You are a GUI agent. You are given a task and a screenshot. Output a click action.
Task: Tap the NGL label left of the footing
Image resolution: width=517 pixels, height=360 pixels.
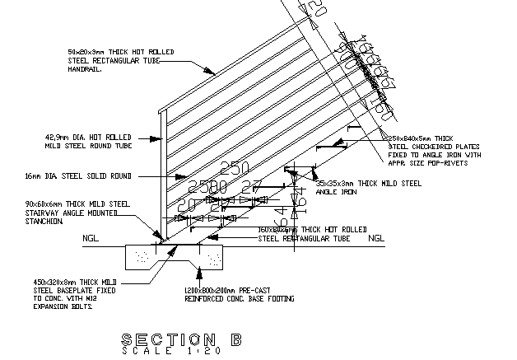tap(90, 239)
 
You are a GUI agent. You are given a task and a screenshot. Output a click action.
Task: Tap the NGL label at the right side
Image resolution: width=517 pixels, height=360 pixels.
tap(375, 239)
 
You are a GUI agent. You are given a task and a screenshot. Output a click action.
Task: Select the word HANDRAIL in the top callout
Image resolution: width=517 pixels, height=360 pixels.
tap(85, 68)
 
